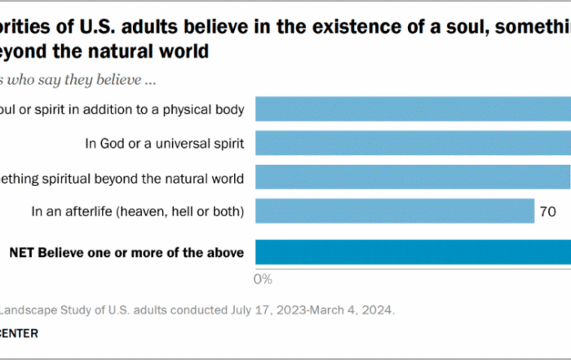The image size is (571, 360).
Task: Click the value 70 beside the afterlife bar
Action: pyautogui.click(x=547, y=212)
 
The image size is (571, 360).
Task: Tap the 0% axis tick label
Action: pyautogui.click(x=263, y=279)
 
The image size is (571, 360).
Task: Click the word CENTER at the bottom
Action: pyautogui.click(x=20, y=333)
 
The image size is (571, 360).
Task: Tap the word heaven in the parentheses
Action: pyautogui.click(x=142, y=212)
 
